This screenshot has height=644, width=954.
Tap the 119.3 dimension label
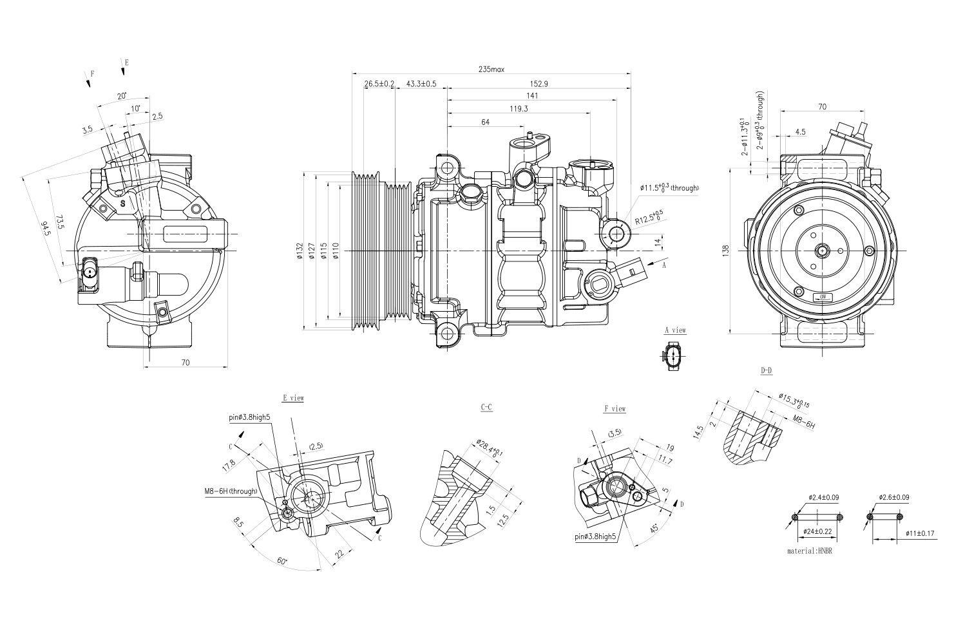[x=519, y=109]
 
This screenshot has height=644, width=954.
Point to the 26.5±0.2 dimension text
[x=379, y=84]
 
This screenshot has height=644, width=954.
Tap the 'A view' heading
[x=675, y=330]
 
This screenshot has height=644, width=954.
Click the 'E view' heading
[x=293, y=398]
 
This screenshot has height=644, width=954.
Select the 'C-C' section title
[x=487, y=408]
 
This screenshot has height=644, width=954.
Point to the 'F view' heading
[x=615, y=408]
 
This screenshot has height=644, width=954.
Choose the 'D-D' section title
[x=766, y=371]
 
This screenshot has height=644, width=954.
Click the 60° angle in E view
[x=282, y=561]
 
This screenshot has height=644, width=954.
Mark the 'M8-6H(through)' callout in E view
[x=231, y=491]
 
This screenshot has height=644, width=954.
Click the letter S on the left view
[x=122, y=203]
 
